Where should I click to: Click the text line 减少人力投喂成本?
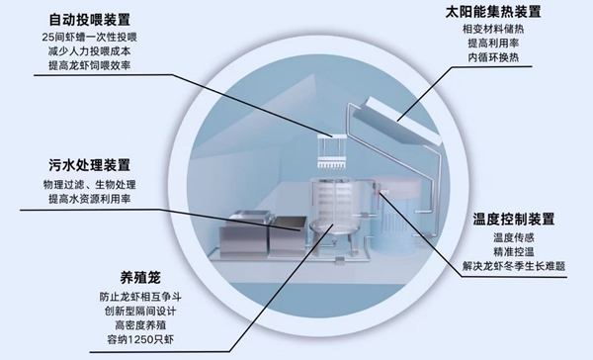pos(87,50)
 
